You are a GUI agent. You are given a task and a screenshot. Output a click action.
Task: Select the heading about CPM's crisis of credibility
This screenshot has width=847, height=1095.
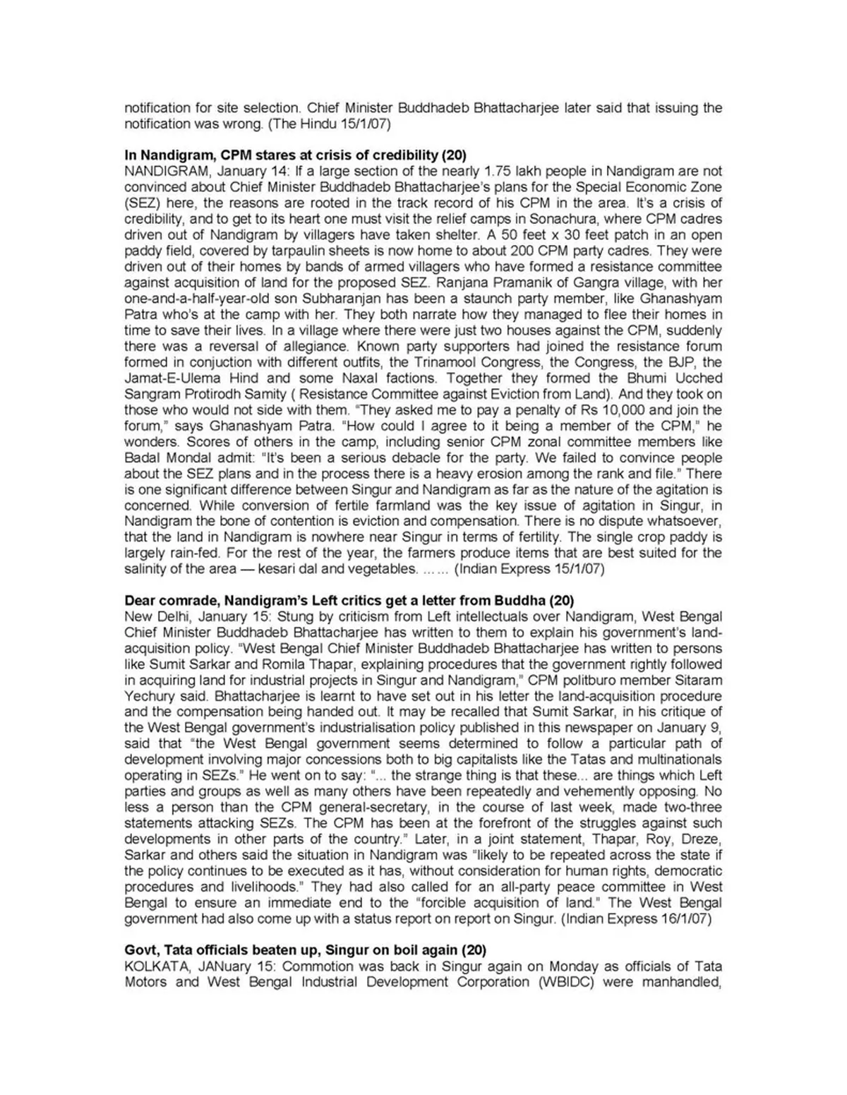point(295,155)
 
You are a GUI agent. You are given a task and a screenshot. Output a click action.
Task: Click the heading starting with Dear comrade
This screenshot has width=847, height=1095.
point(349,601)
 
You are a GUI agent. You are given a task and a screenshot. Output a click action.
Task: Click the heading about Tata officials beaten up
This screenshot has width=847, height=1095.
point(305,950)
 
